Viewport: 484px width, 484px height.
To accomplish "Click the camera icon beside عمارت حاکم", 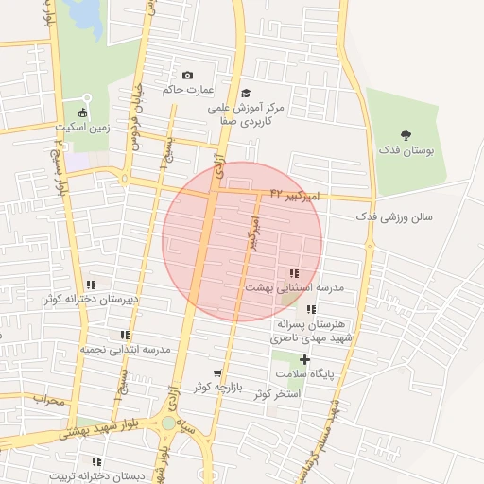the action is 187,76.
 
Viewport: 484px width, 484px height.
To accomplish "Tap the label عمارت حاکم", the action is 182,90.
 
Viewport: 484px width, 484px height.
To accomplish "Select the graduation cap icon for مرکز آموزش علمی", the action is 246,93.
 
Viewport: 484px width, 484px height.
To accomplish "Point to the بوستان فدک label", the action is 406,150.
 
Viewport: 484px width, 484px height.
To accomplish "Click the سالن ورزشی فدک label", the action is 394,216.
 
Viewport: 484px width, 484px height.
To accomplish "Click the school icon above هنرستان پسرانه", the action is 311,309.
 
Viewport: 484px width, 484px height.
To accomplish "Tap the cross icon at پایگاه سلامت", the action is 304,359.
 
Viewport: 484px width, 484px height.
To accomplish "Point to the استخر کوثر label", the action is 277,392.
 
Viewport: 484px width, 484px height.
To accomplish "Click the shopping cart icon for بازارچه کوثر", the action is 218,373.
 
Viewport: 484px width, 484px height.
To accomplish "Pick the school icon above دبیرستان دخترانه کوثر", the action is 91,285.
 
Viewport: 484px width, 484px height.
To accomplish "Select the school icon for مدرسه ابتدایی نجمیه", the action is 125,335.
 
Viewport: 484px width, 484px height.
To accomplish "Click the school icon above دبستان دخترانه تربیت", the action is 95,461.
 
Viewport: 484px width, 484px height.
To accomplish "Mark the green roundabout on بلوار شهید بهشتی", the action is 168,423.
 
